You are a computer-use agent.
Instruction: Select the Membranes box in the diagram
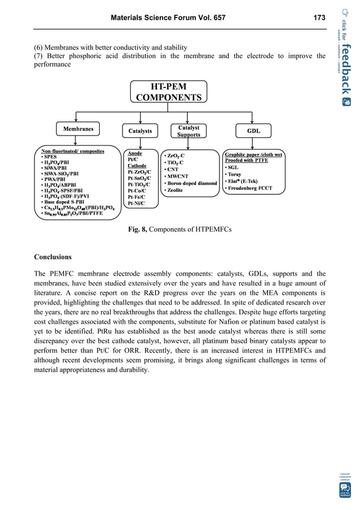tap(77, 129)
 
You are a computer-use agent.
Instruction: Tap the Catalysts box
tap(140, 130)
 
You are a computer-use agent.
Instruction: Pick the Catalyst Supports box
tap(188, 131)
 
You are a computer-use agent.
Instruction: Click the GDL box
tap(253, 130)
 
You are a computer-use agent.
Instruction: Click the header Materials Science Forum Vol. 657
tap(168, 18)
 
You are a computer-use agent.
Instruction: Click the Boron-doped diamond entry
tap(191, 183)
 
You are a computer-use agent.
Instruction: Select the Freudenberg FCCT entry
tap(251, 188)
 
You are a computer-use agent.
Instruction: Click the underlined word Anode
tap(135, 153)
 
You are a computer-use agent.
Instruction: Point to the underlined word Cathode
tap(137, 166)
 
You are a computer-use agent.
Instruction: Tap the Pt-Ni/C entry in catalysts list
tap(137, 203)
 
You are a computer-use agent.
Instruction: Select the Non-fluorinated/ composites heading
tap(76, 151)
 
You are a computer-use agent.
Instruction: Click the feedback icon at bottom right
tap(344, 489)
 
